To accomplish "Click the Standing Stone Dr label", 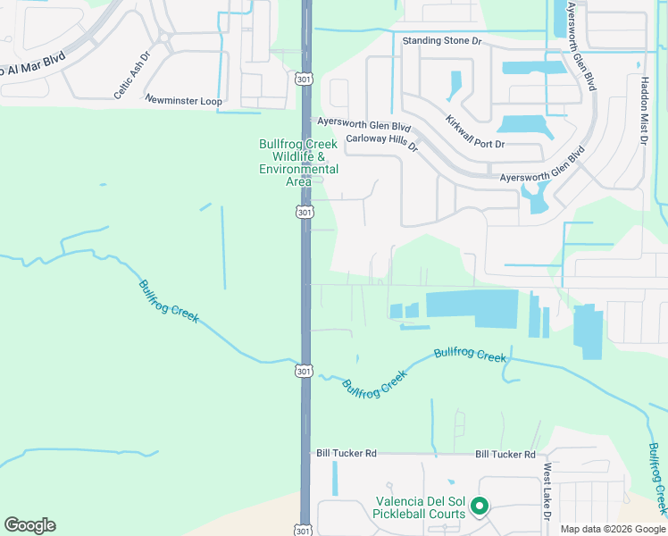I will (441, 41).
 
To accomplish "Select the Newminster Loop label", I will (183, 101).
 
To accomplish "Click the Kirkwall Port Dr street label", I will (474, 131).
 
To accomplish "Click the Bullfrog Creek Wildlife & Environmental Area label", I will (298, 163).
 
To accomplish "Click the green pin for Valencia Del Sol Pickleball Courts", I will (480, 507).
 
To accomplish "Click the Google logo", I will (29, 525).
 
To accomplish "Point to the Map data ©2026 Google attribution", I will (613, 529).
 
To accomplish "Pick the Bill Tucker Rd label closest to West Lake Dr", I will (505, 454).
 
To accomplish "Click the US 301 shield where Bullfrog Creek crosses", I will (305, 370).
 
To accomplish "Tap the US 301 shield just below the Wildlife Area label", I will (305, 213).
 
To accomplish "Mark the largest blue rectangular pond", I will (472, 303).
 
